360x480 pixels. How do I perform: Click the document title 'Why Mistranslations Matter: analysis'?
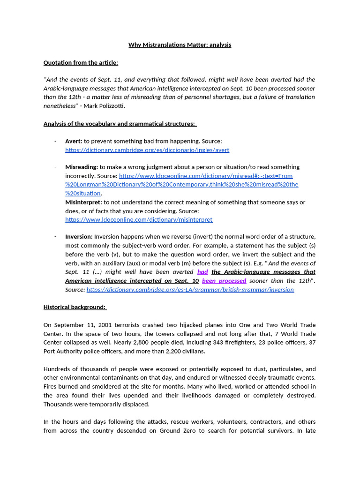point(180,45)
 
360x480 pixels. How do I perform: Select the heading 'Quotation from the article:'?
point(81,62)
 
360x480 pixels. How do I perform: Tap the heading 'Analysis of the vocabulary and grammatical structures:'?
point(120,124)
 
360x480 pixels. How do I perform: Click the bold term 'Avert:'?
point(74,141)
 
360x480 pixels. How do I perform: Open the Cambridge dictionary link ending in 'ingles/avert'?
point(147,150)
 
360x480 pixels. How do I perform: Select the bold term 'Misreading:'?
point(82,167)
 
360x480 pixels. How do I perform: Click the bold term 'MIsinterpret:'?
point(83,202)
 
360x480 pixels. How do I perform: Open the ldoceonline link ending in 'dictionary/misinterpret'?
point(139,220)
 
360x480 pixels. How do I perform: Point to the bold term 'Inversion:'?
point(79,237)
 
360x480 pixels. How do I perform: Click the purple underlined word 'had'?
point(202,272)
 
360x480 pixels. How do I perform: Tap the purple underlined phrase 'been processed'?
point(224,281)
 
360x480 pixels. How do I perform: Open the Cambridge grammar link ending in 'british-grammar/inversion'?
point(190,290)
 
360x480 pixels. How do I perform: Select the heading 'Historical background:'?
point(75,307)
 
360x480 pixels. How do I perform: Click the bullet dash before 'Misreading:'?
point(55,167)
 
